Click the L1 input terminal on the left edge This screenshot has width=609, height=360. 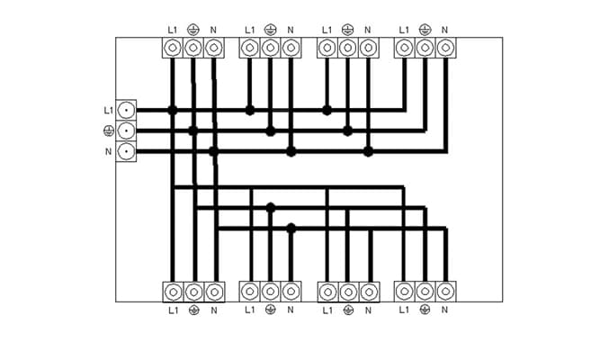click(126, 110)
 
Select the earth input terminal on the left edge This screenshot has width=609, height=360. click(126, 130)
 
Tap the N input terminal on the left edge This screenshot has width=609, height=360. click(126, 151)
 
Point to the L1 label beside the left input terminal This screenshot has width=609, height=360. click(108, 111)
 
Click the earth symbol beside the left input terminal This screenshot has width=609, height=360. click(109, 131)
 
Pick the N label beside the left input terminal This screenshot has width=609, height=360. click(108, 151)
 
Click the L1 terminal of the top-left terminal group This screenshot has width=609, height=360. click(173, 48)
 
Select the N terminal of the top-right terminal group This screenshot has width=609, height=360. click(445, 48)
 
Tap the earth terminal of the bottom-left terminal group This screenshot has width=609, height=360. click(193, 292)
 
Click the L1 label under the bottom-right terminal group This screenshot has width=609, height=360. click(404, 310)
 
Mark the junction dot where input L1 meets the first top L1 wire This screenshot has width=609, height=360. click(173, 110)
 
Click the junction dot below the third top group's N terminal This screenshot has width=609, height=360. click(368, 151)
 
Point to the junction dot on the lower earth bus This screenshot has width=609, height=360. click(271, 208)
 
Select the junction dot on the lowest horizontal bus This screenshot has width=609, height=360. click(291, 229)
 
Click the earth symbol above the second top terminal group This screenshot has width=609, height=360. click(271, 30)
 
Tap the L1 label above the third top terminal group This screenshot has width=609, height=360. click(327, 30)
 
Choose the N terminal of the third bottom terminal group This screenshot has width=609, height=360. click(369, 292)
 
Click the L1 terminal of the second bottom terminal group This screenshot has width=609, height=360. click(250, 292)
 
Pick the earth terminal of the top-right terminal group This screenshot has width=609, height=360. click(425, 48)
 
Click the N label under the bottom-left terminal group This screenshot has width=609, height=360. click(213, 310)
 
